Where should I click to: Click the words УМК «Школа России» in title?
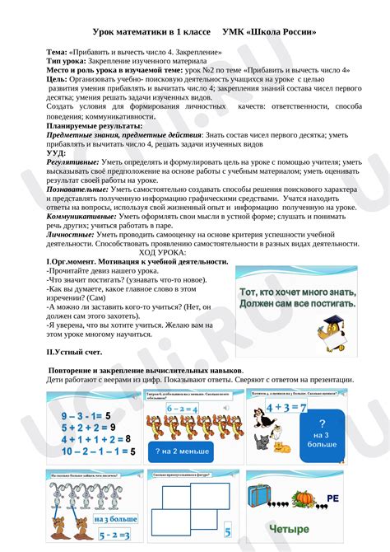269,32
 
